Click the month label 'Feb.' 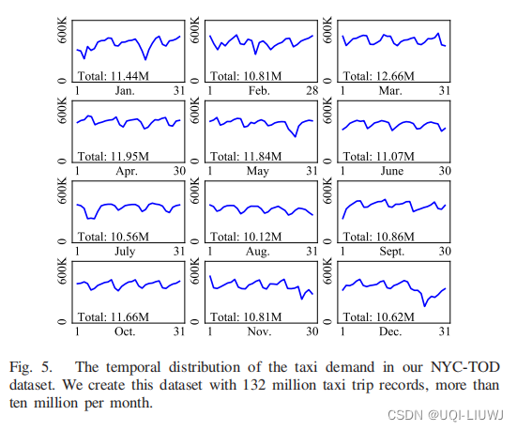[259, 93]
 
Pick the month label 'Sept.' [392, 252]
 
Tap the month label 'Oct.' [125, 331]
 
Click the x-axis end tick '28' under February [312, 93]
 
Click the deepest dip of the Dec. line [424, 304]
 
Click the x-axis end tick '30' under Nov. [312, 331]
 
